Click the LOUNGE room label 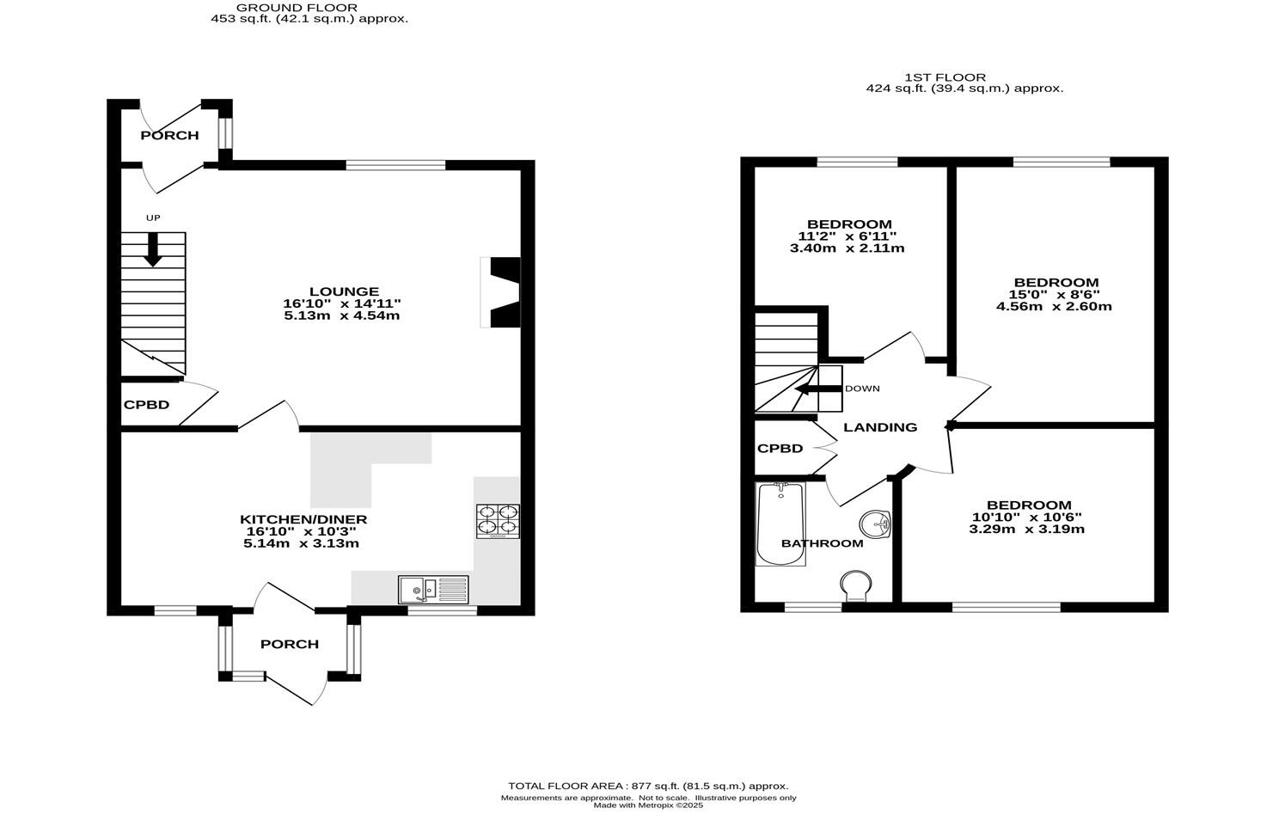344,291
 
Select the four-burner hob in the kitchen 498,521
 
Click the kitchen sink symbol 433,590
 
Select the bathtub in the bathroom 780,524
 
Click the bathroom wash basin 874,524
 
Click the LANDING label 879,427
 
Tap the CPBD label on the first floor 780,449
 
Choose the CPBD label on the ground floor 146,405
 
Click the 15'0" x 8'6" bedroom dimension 1055,294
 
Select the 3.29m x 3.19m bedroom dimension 1026,529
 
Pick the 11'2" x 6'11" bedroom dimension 847,236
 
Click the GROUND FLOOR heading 297,7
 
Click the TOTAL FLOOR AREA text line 648,786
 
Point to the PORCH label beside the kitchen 290,644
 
